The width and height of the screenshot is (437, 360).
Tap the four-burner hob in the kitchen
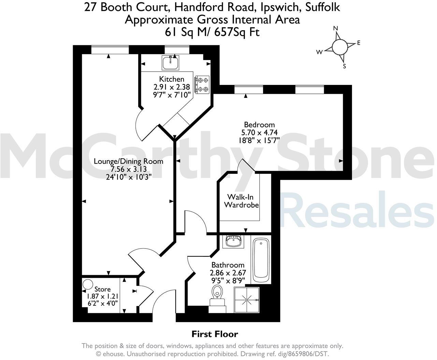pos(202,85)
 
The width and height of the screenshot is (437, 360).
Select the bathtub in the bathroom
pos(261,259)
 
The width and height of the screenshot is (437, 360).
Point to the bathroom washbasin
pos(234,241)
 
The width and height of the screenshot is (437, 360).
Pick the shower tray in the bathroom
pos(247,300)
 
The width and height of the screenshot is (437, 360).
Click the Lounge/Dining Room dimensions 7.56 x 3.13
pos(128,169)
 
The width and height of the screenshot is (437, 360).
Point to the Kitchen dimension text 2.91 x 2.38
pos(172,87)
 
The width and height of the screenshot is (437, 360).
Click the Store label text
pos(102,289)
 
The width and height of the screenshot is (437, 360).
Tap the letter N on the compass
pos(335,28)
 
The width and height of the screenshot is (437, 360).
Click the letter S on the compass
pos(345,66)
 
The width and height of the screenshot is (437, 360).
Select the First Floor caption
pos(215,334)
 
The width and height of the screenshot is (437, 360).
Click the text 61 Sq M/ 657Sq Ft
pos(212,32)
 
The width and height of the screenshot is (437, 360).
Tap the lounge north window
pos(110,50)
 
